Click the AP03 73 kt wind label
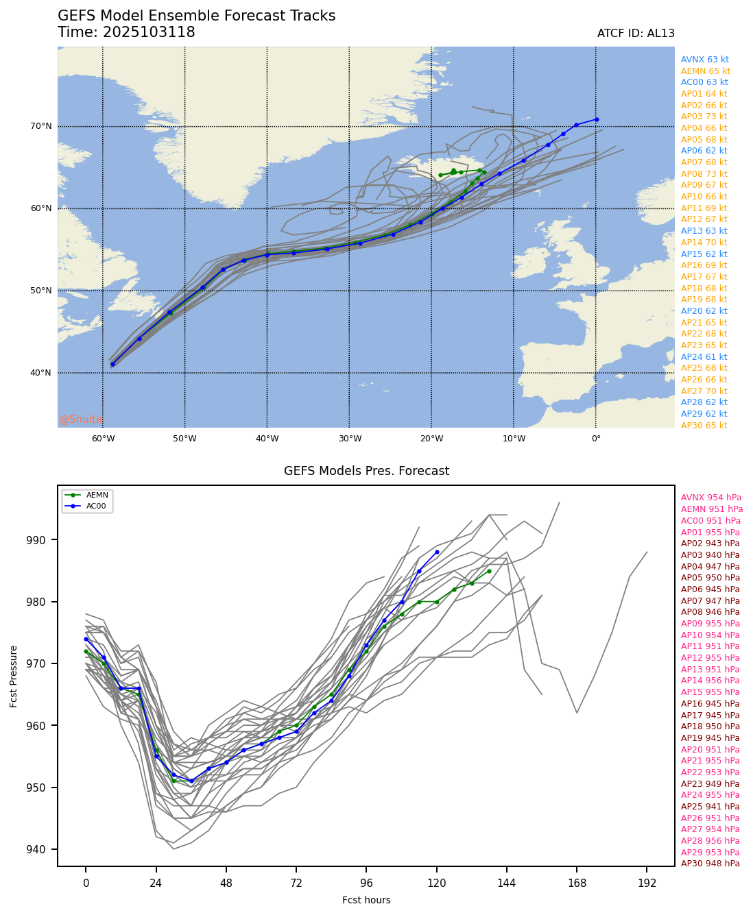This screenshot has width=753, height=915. (704, 117)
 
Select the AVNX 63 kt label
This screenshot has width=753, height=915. (704, 60)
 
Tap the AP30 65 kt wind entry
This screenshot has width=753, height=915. (704, 426)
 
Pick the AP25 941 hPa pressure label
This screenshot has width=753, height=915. (710, 807)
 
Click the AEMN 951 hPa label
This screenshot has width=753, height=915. (712, 509)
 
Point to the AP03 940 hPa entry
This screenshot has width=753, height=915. (710, 555)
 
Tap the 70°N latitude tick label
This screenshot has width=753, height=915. (40, 126)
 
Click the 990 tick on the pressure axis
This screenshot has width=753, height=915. (43, 540)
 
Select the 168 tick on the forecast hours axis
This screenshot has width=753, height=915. (577, 883)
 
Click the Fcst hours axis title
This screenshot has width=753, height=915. (366, 900)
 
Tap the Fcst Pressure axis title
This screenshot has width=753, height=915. (14, 676)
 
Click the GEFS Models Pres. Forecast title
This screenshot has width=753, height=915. (366, 471)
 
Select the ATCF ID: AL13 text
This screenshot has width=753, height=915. (636, 34)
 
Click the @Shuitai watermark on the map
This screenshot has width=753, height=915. (81, 419)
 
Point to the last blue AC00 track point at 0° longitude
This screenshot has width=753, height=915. (597, 119)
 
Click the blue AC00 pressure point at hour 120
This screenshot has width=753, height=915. (437, 552)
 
